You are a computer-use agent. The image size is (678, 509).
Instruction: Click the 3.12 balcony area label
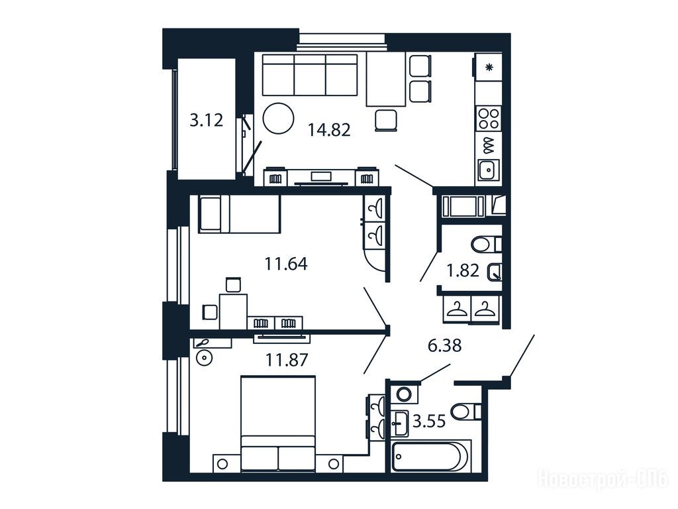[207, 120]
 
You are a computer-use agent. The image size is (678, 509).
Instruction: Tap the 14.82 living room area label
[329, 129]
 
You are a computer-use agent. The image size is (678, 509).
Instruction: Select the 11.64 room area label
[286, 263]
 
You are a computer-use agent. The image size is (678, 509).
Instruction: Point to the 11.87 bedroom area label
[286, 359]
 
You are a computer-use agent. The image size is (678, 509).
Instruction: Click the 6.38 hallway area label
[444, 345]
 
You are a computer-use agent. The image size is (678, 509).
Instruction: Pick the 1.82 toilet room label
[463, 270]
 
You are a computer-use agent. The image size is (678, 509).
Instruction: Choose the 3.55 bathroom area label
[429, 420]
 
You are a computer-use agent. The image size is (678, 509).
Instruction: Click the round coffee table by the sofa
[279, 118]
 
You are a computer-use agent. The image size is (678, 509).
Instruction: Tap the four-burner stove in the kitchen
[489, 119]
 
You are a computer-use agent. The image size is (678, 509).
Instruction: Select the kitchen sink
[489, 170]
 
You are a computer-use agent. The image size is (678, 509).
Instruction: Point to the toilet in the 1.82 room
[486, 245]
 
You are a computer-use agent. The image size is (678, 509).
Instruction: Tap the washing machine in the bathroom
[405, 394]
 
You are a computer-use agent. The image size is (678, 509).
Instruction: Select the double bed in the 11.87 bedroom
[277, 424]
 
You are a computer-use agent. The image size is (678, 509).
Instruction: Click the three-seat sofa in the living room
[310, 74]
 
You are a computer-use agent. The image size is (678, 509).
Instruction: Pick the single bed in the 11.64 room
[239, 214]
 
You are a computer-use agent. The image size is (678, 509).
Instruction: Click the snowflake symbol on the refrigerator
[489, 67]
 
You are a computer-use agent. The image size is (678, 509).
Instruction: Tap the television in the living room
[321, 176]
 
